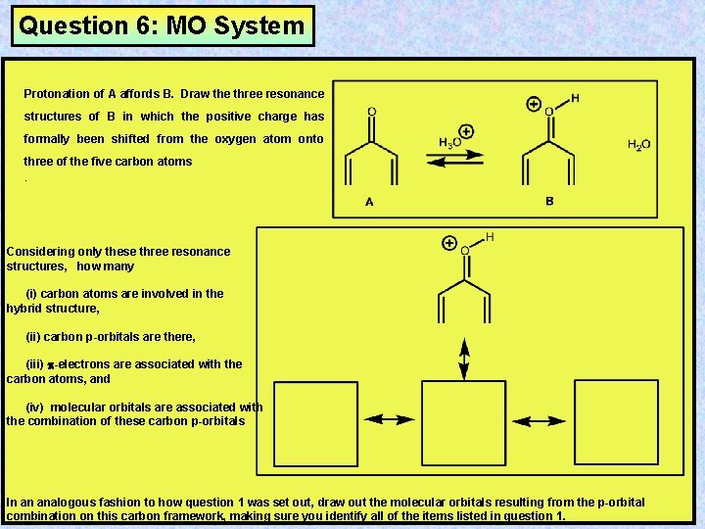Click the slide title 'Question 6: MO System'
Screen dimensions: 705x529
[163, 26]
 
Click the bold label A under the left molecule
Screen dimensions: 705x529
[369, 201]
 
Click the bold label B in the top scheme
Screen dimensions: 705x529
[549, 201]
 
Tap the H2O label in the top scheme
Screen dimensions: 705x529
[638, 145]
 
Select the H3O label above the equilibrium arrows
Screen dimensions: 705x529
[450, 143]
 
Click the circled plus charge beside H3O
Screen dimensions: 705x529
[466, 131]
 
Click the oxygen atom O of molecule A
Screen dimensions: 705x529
[371, 111]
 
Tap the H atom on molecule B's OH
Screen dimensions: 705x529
[575, 98]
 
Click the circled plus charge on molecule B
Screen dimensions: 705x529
[534, 103]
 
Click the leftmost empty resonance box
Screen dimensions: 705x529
[315, 423]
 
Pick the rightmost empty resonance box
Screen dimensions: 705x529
[609, 421]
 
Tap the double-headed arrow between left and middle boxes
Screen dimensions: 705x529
[390, 419]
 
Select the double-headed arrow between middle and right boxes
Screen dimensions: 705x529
[537, 420]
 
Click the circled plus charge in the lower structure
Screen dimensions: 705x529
[449, 242]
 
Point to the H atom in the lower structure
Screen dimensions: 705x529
[490, 237]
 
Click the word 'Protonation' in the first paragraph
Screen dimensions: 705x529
[56, 94]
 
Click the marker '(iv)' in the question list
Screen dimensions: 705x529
[35, 408]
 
